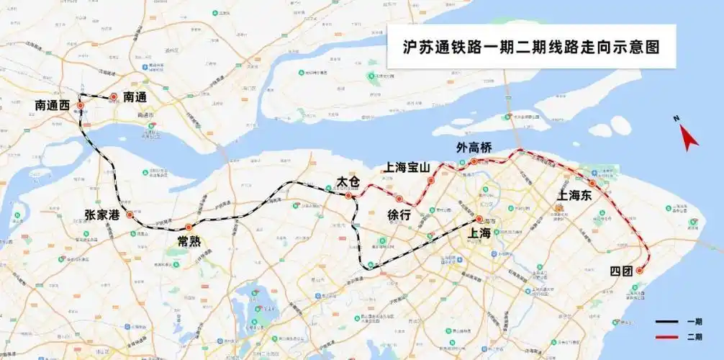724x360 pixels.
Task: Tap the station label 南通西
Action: coord(53,105)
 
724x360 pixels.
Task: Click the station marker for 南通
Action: coord(113,96)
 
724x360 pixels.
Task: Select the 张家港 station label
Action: coord(101,215)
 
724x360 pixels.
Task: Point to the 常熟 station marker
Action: coord(189,228)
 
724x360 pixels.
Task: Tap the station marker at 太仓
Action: coord(348,195)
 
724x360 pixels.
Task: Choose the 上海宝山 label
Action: coord(407,167)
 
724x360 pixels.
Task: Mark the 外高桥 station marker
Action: coord(474,161)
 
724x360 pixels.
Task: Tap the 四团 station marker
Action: coord(639,271)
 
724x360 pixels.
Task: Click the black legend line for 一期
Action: coord(667,321)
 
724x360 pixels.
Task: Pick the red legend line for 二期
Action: coord(667,336)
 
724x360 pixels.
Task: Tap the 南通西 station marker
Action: coord(80,105)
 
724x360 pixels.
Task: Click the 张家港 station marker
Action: coord(130,215)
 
